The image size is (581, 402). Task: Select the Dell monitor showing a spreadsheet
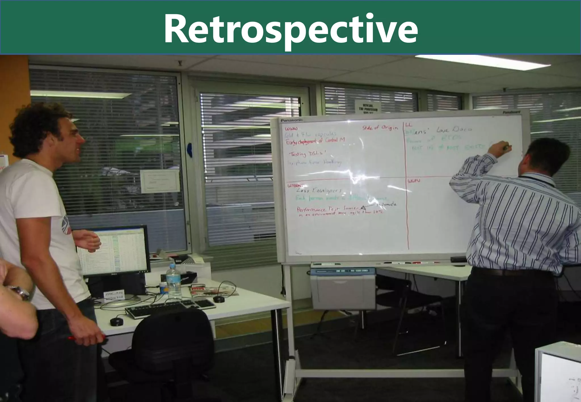(x=113, y=251)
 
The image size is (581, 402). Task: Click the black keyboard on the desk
(x=170, y=308)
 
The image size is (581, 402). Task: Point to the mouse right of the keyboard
(x=218, y=299)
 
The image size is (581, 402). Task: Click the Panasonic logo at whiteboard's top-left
(x=292, y=120)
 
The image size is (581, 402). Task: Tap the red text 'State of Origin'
(x=380, y=128)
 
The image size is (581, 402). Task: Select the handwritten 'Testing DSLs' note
(x=307, y=154)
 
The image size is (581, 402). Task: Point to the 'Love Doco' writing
(x=454, y=130)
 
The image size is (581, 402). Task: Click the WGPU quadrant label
(x=414, y=181)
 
